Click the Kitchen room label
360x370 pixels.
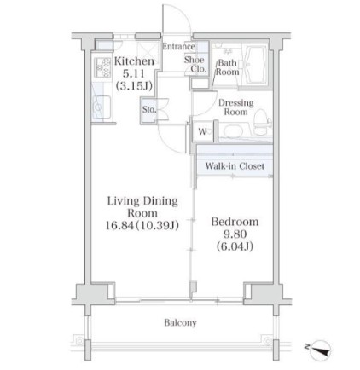click(x=134, y=61)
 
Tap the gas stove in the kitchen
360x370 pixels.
click(x=102, y=67)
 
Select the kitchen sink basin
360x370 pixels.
click(x=102, y=107)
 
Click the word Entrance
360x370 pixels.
click(x=178, y=46)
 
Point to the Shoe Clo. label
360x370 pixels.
click(x=195, y=64)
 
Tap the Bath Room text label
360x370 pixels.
click(x=227, y=67)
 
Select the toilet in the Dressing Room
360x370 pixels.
click(x=262, y=122)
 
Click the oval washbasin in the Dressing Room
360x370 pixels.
click(x=233, y=131)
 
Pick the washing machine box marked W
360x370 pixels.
click(x=203, y=131)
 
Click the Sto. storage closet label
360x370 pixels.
click(x=149, y=109)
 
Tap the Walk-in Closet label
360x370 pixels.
click(x=235, y=165)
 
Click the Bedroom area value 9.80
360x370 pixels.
click(x=235, y=234)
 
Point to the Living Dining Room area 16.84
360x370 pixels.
click(x=119, y=226)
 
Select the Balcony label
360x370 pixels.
click(x=180, y=322)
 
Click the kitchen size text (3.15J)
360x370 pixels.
click(x=134, y=85)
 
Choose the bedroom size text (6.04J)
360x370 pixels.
click(x=235, y=246)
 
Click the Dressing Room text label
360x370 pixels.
click(x=236, y=107)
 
